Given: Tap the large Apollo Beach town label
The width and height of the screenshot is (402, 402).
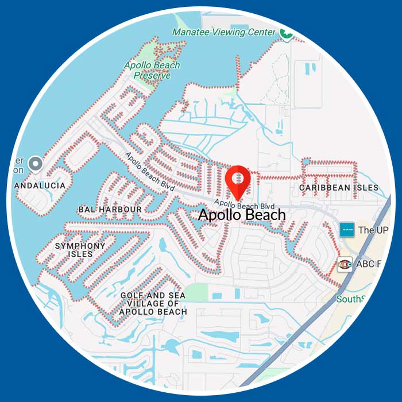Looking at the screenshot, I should click(x=242, y=215).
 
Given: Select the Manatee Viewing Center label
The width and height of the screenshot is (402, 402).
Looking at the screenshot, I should click(x=224, y=32).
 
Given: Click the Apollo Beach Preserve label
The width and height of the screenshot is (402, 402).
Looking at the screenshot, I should click(x=152, y=70).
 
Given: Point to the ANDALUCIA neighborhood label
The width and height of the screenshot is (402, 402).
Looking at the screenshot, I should click(x=40, y=186).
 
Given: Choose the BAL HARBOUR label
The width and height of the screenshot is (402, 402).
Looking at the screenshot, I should click(x=110, y=210).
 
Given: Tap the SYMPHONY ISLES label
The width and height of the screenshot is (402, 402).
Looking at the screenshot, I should click(x=80, y=250).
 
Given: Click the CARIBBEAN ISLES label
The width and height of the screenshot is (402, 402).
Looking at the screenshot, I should click(x=339, y=188).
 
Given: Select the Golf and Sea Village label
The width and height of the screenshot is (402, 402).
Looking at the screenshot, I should click(x=153, y=303).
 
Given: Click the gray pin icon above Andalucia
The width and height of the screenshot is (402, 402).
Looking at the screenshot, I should click(x=36, y=164).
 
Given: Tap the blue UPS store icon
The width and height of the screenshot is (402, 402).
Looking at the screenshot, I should click(x=346, y=230).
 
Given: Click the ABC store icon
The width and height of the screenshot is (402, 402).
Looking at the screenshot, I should click(x=345, y=264).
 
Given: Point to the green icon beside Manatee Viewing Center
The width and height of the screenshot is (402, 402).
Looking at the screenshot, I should click(x=285, y=33).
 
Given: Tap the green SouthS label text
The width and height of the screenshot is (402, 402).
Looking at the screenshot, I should click(x=350, y=299).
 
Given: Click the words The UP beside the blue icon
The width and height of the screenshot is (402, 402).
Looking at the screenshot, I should click(x=373, y=230).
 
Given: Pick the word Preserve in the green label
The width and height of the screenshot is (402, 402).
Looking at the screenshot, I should click(x=152, y=75).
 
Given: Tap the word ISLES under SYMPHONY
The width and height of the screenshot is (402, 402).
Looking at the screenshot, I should click(x=80, y=254).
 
